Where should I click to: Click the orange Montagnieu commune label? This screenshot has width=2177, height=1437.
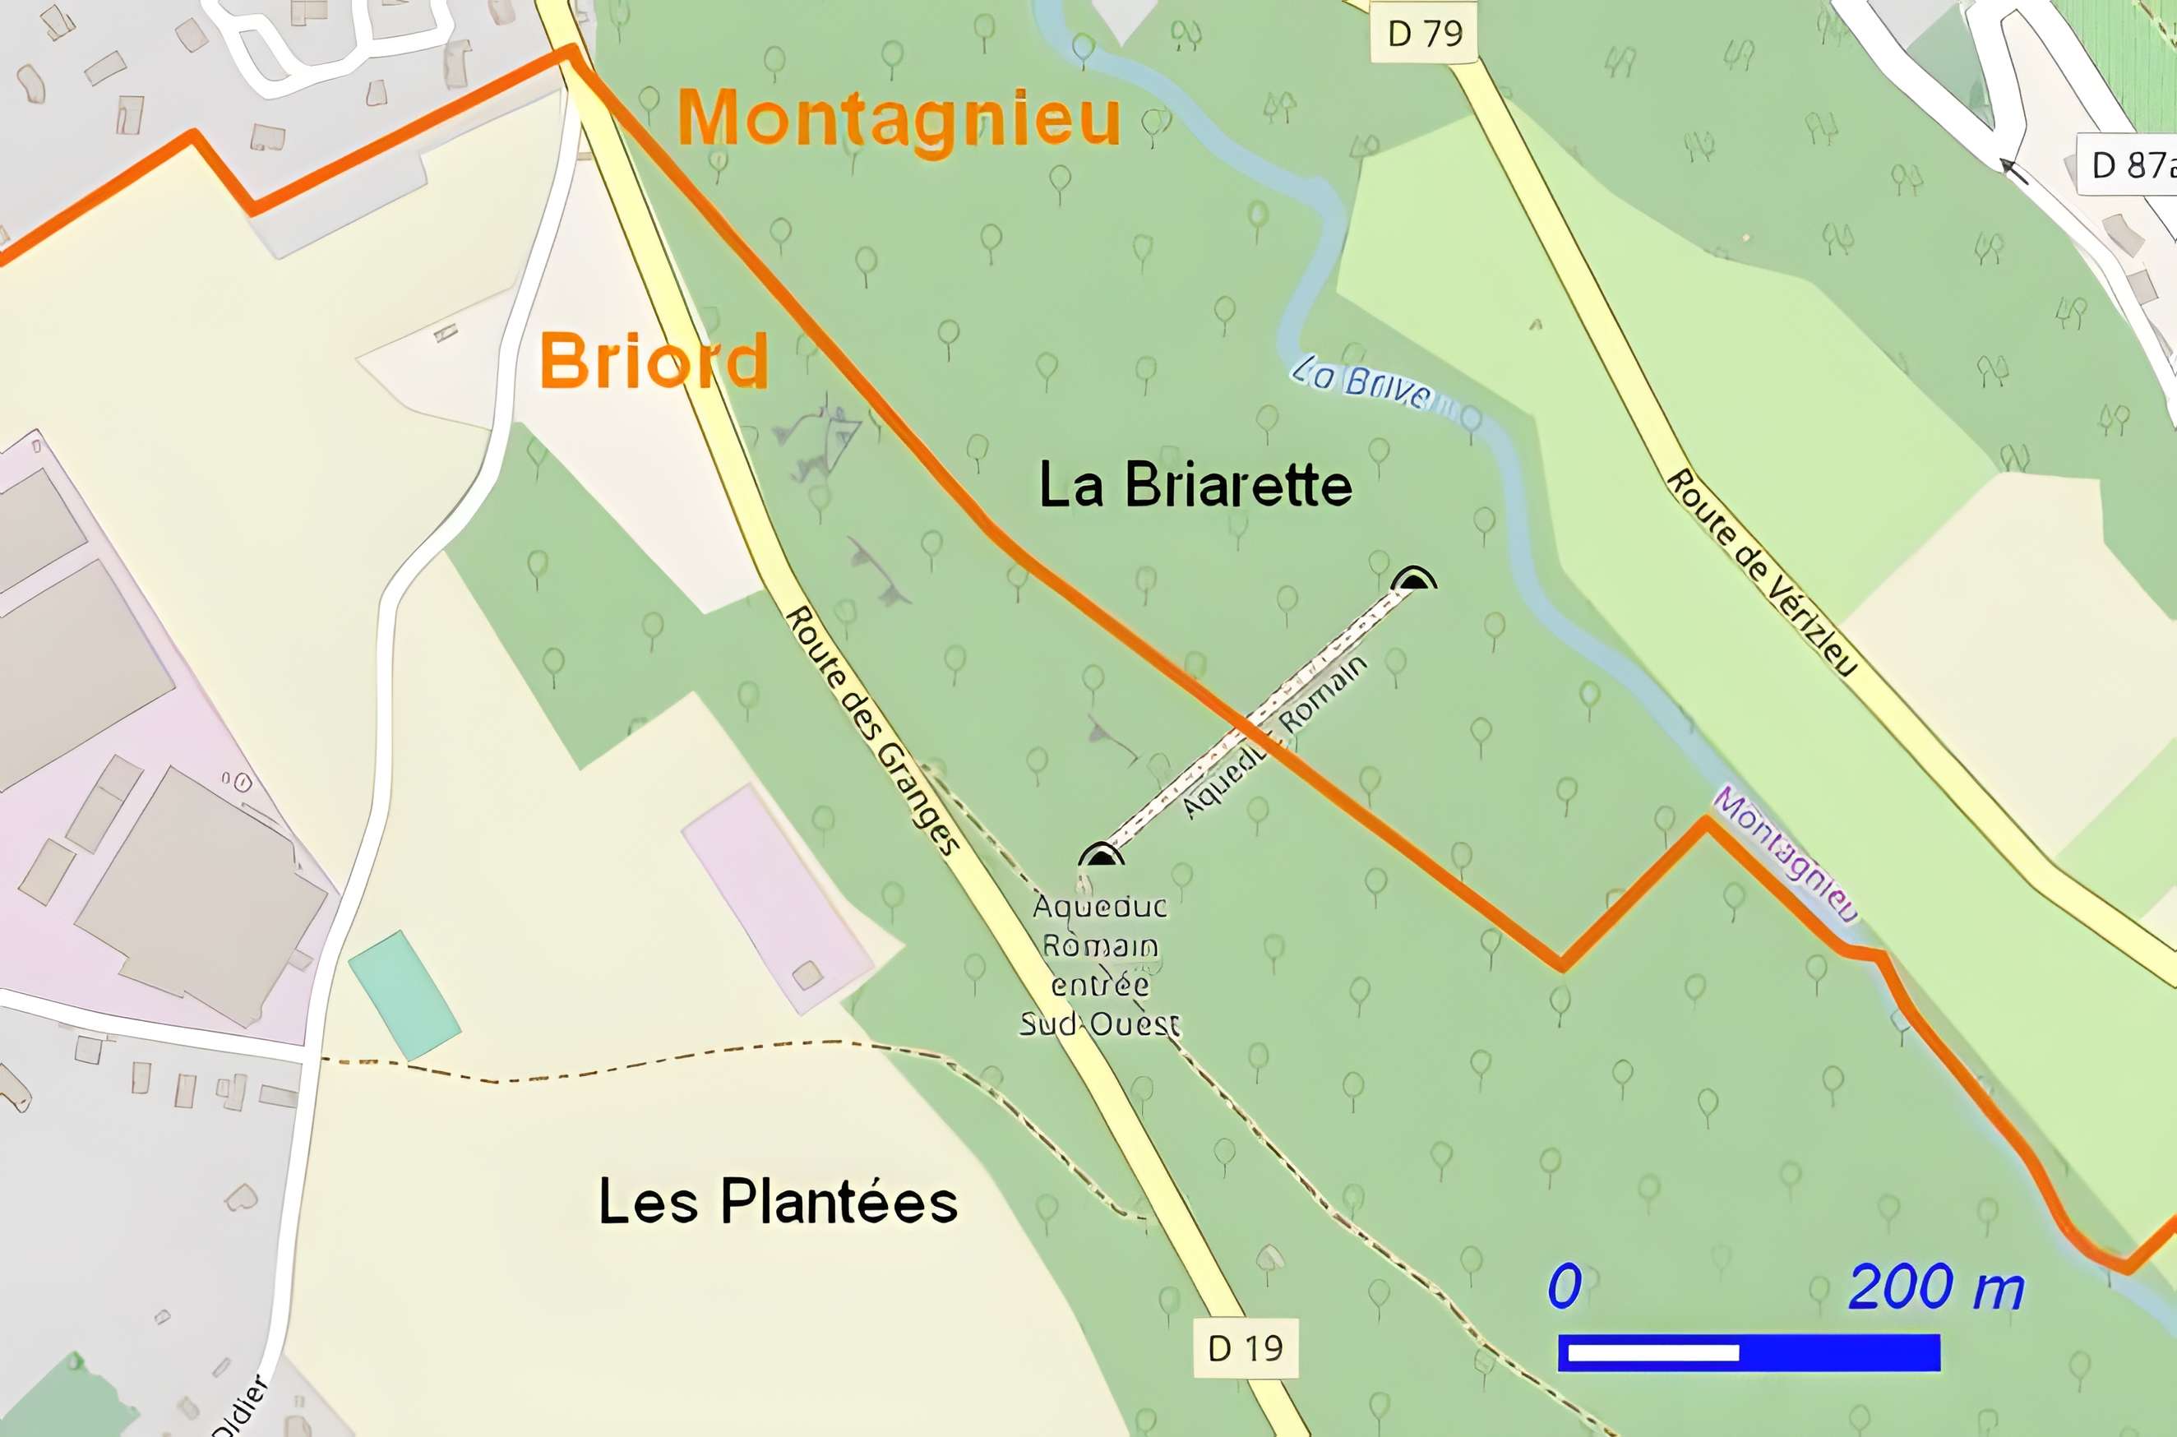tap(899, 119)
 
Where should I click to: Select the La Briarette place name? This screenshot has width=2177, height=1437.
tap(1195, 485)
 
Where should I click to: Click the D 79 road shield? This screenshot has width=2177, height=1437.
tap(1425, 35)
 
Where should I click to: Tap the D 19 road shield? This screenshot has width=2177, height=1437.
tap(1246, 1348)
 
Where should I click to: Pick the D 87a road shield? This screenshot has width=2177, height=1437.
tap(2131, 166)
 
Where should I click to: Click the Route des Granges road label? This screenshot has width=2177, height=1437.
tap(873, 729)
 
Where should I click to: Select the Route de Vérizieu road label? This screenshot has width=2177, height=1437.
tap(1760, 573)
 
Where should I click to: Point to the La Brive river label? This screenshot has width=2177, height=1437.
tap(1361, 383)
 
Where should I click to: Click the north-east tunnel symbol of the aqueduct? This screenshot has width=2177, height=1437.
tap(1413, 580)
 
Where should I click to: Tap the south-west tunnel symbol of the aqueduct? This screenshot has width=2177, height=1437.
tap(1100, 856)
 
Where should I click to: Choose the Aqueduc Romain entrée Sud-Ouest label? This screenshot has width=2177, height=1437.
tap(1099, 964)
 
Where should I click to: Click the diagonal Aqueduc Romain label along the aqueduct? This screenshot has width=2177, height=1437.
tap(1273, 737)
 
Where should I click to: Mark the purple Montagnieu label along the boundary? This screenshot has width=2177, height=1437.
tap(1785, 853)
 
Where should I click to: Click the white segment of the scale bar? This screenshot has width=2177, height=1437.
tap(1653, 1352)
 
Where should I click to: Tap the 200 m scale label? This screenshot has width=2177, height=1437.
tap(1935, 1287)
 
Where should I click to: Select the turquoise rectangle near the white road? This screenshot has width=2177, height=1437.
tap(404, 996)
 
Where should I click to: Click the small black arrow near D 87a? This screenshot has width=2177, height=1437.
tap(2013, 170)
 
